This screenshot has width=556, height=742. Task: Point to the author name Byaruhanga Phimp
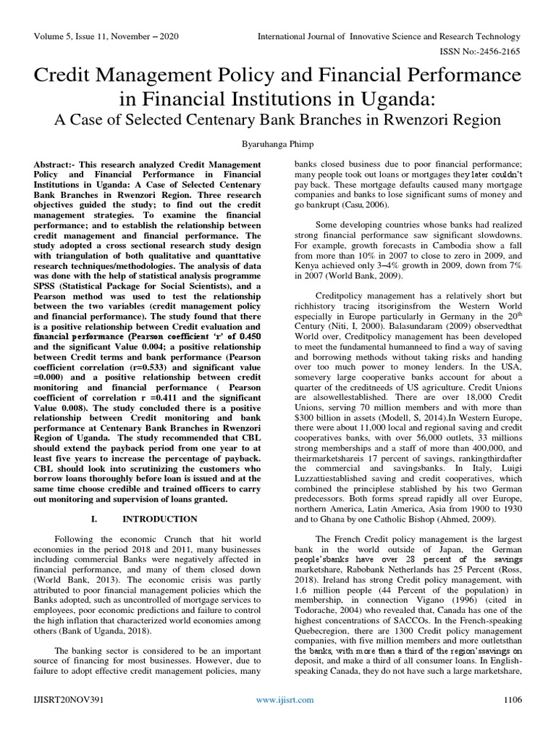(278, 144)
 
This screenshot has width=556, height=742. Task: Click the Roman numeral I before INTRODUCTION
(96, 519)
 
